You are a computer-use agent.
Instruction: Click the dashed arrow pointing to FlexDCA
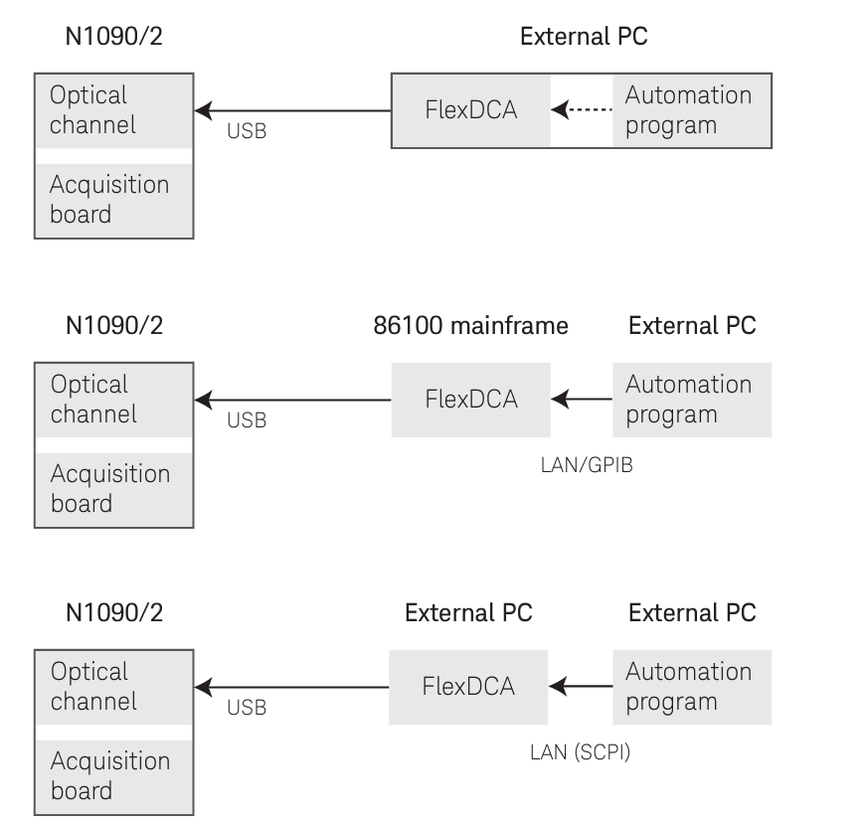[x=581, y=110]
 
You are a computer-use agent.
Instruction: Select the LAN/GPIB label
[x=583, y=463]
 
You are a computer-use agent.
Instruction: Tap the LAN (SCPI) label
[x=580, y=751]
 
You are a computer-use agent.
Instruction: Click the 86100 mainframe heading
[x=470, y=325]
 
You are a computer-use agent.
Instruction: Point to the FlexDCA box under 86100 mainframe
[x=470, y=400]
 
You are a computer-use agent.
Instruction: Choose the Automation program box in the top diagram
[x=691, y=110]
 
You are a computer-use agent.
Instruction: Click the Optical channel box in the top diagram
[x=113, y=110]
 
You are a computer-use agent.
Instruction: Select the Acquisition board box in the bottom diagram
[x=113, y=776]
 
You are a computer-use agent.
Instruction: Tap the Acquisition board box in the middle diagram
[x=113, y=489]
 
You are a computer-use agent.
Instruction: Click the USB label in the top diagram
[x=247, y=131]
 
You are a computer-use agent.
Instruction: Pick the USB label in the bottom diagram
[x=247, y=708]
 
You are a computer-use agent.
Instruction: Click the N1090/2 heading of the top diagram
[x=113, y=38]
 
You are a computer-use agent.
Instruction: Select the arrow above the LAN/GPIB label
[x=581, y=400]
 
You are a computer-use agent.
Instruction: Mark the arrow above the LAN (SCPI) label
[x=581, y=686]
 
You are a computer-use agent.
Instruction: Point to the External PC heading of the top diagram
[x=585, y=38]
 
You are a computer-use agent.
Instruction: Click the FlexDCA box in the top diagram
[x=470, y=110]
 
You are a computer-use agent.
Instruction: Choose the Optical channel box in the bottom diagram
[x=113, y=686]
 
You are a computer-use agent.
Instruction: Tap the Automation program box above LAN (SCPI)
[x=691, y=686]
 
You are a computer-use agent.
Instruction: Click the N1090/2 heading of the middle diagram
[x=113, y=325]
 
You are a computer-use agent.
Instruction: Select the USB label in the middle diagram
[x=247, y=420]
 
